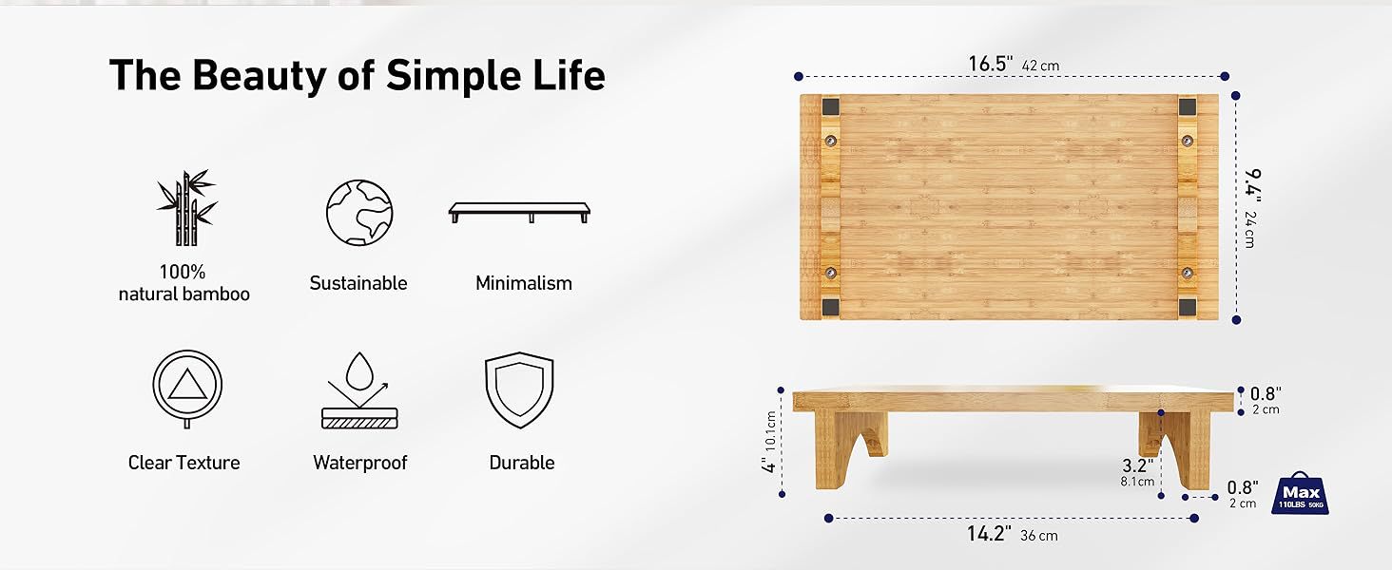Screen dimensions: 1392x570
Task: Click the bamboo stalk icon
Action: click(186, 208)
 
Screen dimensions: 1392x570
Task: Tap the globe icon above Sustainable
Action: click(359, 213)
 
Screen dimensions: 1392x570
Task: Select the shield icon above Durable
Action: click(519, 389)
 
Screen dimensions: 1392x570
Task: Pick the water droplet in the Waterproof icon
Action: click(359, 371)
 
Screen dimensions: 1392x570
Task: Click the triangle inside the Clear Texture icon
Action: click(187, 385)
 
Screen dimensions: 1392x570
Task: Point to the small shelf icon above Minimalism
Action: click(519, 213)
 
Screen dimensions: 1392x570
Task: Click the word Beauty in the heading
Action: click(259, 76)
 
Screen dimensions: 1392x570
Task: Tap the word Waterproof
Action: click(359, 463)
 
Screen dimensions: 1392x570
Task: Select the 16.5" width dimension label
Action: click(991, 64)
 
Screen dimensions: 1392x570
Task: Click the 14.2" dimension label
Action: click(989, 534)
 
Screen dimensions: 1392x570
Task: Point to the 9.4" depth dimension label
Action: click(1251, 185)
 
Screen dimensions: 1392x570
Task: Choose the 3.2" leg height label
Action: click(1138, 465)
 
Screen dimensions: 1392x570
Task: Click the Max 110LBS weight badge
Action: click(1302, 493)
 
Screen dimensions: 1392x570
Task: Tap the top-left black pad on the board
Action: click(831, 106)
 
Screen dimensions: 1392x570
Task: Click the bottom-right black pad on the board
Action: click(1187, 307)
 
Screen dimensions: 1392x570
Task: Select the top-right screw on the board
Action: click(1188, 141)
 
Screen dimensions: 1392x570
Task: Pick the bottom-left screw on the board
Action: click(831, 273)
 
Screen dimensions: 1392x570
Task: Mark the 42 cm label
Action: click(1040, 66)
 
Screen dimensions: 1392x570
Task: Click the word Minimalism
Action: click(524, 283)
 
